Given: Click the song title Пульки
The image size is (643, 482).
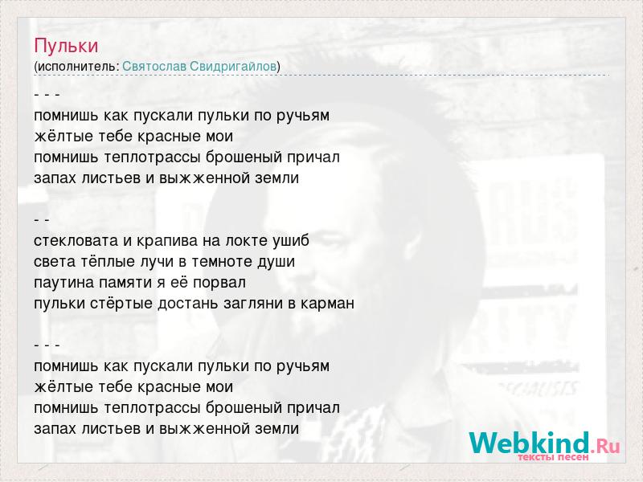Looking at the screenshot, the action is [66, 46].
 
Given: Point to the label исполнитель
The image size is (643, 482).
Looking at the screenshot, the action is [76, 67].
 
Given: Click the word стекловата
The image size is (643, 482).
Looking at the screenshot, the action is [76, 240].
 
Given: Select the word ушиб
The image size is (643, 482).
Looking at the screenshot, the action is [291, 240].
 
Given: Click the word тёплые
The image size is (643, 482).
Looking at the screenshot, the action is [108, 261].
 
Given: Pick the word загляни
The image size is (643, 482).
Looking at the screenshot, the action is [252, 304].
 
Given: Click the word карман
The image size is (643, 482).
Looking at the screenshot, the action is [327, 304].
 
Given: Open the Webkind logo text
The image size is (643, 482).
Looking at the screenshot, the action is [530, 443].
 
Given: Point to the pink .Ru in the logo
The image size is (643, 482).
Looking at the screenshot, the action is [605, 445].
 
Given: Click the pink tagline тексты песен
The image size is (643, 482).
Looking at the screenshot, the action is [553, 456].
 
